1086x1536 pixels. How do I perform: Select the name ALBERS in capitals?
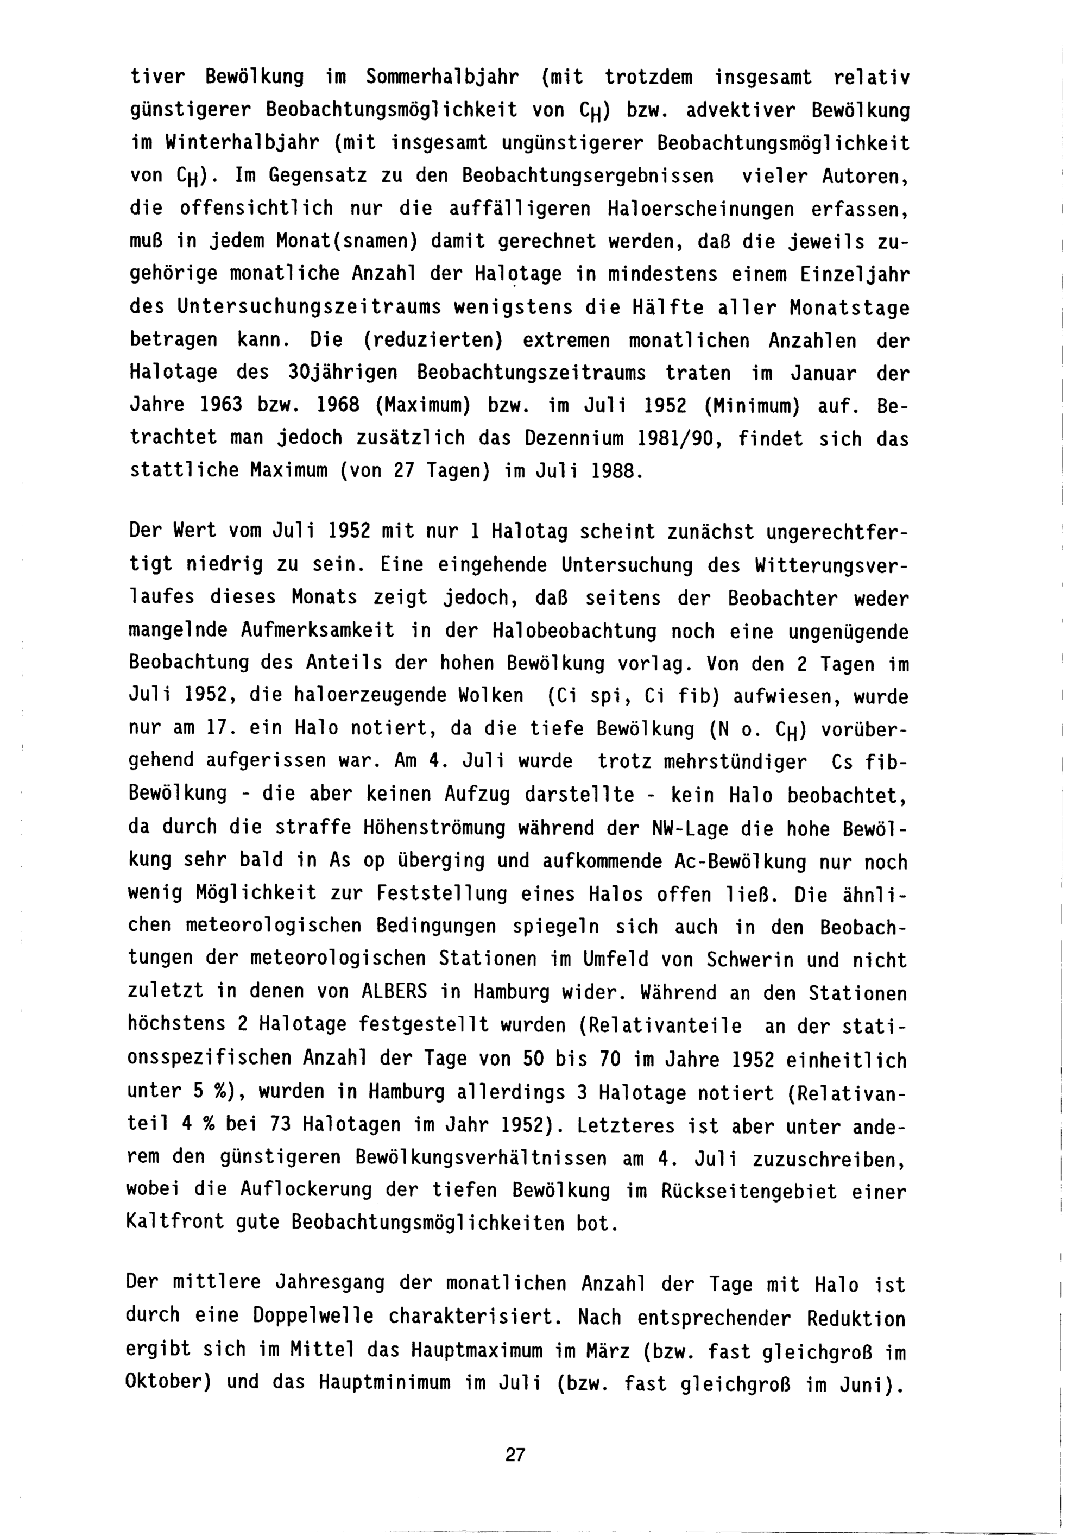(x=394, y=991)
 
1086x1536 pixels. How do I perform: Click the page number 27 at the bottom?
(x=516, y=1455)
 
